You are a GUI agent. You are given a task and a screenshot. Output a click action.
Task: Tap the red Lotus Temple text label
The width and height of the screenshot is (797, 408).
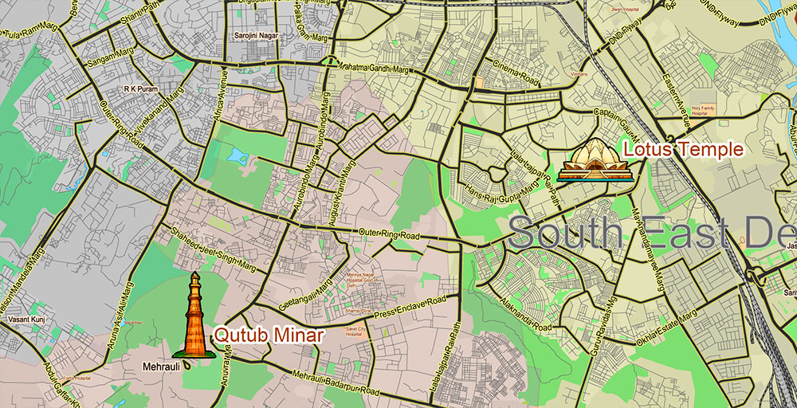[683, 149]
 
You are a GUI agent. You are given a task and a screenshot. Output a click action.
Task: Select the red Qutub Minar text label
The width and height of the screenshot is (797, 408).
[269, 335]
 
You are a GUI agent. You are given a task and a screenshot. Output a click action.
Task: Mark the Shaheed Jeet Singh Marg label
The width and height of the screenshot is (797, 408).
[206, 243]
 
